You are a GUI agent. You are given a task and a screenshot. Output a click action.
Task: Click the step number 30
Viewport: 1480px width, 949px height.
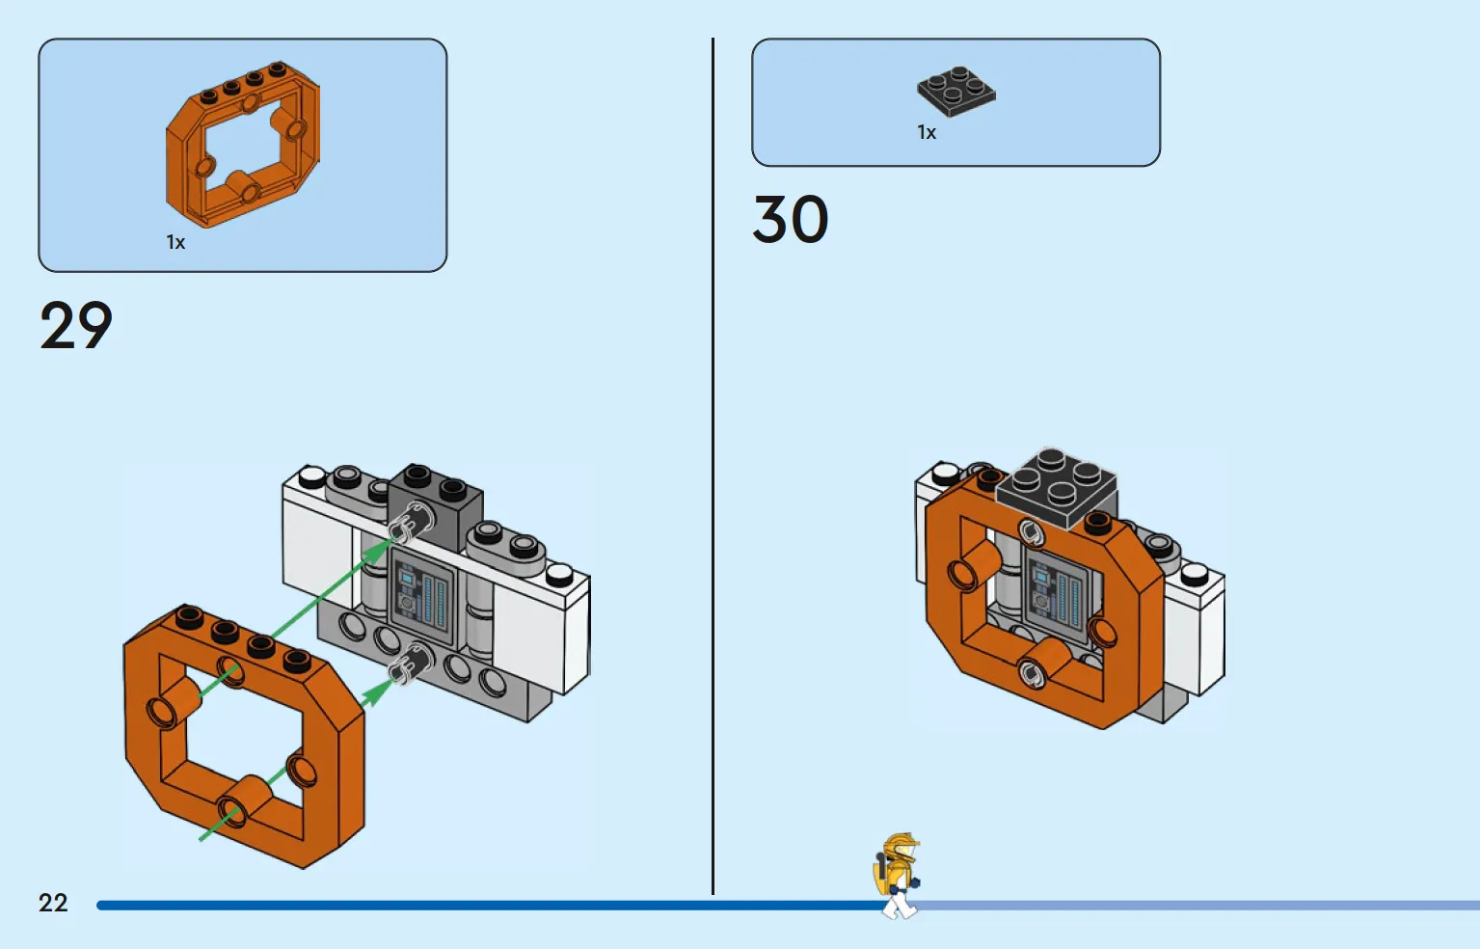[x=791, y=219]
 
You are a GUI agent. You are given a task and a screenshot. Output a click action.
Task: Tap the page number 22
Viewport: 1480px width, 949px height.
[x=53, y=903]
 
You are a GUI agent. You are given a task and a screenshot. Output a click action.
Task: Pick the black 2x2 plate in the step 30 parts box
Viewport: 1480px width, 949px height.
[x=956, y=92]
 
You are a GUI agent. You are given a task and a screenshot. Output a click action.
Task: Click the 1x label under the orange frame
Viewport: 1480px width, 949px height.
[x=175, y=242]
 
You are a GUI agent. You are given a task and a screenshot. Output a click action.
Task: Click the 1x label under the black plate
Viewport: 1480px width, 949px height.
[x=927, y=133]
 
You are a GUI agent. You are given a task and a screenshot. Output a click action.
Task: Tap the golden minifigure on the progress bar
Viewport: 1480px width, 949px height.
[x=897, y=876]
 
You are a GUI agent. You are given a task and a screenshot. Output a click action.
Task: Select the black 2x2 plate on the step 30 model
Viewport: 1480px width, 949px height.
[x=1056, y=489]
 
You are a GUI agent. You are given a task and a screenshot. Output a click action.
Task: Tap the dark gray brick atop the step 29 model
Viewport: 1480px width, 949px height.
[x=435, y=505]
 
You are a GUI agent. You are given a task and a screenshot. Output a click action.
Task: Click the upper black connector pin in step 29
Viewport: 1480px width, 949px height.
[x=411, y=523]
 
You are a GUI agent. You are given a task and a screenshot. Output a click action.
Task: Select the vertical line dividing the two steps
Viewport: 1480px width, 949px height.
[x=713, y=466]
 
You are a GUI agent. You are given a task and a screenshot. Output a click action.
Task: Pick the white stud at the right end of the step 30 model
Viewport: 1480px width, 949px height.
[x=1195, y=574]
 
